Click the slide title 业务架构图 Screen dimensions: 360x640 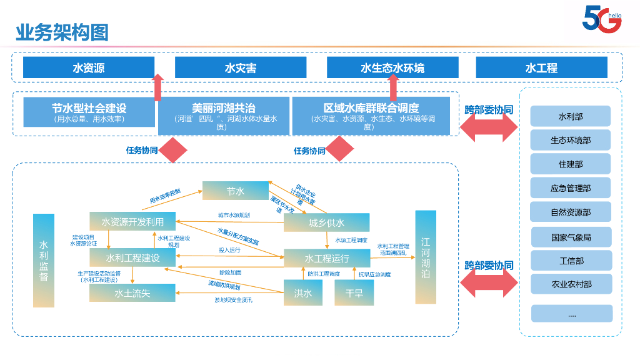coord(62,31)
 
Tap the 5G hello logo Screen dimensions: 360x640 coord(601,19)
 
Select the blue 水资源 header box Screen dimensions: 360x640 coord(88,67)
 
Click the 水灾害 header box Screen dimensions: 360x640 coord(241,67)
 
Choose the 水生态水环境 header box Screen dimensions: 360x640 coord(392,67)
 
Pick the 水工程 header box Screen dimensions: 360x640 coord(541,67)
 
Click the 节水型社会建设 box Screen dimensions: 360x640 coord(89,112)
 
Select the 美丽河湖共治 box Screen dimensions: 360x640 coord(224,116)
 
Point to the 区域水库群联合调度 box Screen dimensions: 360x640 coord(371,116)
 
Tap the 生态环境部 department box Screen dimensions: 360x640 coord(570,140)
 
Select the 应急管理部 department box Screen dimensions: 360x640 coord(570,187)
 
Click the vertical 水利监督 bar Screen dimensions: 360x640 coord(44,260)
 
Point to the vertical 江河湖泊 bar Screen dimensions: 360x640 coord(426,257)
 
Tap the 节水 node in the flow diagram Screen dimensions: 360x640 coord(235,191)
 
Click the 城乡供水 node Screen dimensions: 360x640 coord(326,222)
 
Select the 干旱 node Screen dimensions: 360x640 coord(354,292)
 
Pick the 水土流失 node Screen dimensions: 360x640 coord(132,292)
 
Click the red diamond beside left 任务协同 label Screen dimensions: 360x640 coord(173,150)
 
